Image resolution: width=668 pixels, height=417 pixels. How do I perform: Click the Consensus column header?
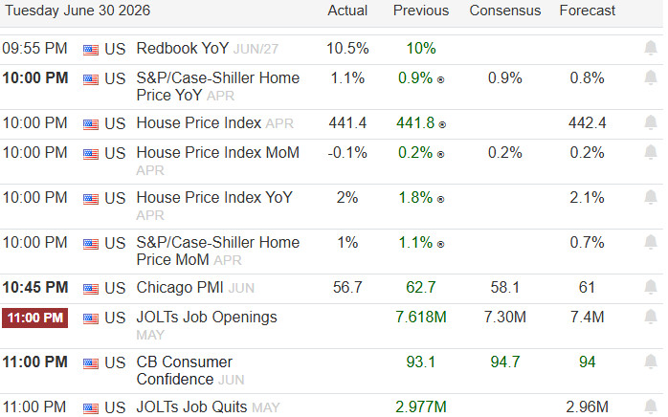[505, 11]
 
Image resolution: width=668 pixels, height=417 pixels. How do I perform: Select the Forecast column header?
[587, 11]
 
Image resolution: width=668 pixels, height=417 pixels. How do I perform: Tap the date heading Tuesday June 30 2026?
[78, 11]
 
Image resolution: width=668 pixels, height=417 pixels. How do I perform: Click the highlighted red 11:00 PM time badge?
[35, 318]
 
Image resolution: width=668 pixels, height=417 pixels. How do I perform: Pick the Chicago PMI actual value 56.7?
[347, 287]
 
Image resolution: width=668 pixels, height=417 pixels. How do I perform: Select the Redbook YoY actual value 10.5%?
[347, 48]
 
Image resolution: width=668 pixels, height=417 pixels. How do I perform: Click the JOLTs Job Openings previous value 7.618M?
[420, 317]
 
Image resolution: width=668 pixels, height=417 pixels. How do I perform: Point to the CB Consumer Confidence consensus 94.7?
[505, 362]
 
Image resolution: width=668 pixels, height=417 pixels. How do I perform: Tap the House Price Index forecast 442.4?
[587, 123]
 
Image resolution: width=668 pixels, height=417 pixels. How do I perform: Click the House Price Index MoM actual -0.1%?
[347, 152]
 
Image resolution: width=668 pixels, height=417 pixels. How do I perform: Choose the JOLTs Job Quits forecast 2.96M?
[587, 406]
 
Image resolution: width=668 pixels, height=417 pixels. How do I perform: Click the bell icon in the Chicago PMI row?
[651, 288]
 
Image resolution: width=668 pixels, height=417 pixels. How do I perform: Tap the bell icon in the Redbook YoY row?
[651, 48]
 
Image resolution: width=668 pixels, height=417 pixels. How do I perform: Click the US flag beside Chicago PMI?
[91, 289]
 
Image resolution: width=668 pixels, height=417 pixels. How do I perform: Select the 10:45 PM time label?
[35, 287]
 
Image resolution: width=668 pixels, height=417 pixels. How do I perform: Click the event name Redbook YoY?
[183, 48]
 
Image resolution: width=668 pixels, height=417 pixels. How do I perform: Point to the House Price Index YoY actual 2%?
[347, 198]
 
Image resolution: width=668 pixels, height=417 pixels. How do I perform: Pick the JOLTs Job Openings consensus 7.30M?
[505, 317]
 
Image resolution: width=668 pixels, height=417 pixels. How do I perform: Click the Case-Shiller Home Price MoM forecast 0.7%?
[587, 242]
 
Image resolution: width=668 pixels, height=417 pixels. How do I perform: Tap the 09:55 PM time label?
[35, 48]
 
